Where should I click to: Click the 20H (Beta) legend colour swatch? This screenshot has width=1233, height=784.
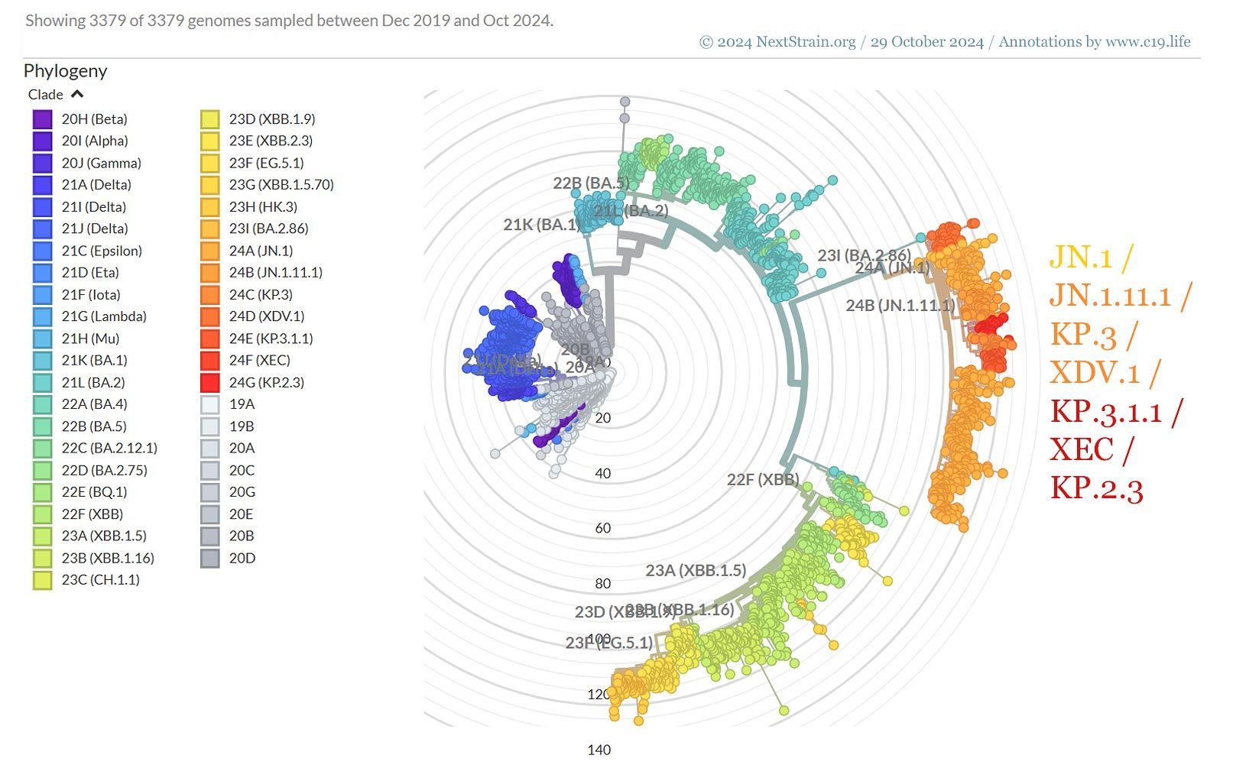pos(42,119)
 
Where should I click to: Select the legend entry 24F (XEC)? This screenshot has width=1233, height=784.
pos(259,360)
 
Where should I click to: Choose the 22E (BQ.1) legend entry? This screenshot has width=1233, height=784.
pos(93,492)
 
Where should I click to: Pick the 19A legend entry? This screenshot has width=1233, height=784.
pos(242,404)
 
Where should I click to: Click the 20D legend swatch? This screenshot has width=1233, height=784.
pos(210,559)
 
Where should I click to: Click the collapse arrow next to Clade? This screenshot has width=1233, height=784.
pos(77,95)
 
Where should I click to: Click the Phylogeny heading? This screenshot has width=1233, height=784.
pos(65,71)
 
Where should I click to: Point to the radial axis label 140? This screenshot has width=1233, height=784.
pos(599,750)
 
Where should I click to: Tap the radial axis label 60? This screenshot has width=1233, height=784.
pos(602,528)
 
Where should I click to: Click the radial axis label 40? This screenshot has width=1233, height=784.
pos(602,474)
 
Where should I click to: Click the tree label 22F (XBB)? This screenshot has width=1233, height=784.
pos(762,480)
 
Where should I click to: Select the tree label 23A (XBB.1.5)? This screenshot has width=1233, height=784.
pos(695,570)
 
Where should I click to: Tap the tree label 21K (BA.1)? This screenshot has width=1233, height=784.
pos(540,225)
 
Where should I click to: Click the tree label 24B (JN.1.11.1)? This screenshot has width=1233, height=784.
pos(900,306)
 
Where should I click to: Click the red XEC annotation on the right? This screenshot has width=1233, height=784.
pos(1081,449)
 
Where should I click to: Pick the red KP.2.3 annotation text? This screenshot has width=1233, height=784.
pos(1095,488)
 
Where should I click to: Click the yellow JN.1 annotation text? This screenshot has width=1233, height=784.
pos(1081,258)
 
